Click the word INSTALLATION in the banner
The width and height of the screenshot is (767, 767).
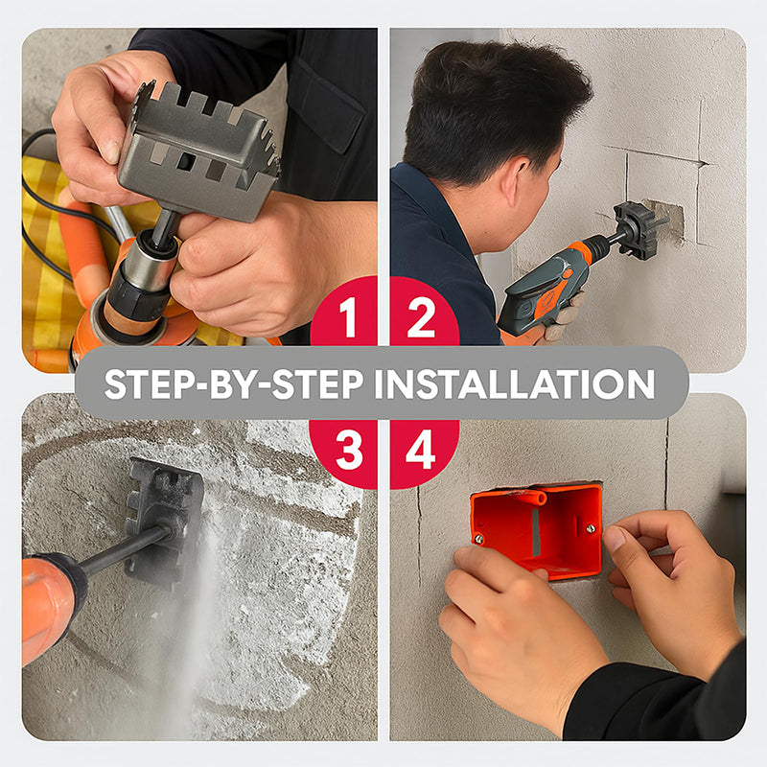pyautogui.click(x=515, y=384)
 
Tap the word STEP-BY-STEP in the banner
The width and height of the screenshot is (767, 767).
pyautogui.click(x=234, y=384)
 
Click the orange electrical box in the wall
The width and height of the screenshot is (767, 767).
pyautogui.click(x=537, y=529)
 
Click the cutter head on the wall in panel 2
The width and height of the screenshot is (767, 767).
pyautogui.click(x=635, y=228)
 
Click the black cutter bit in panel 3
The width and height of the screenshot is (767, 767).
pyautogui.click(x=165, y=519)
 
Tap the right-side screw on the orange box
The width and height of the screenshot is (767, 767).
pyautogui.click(x=591, y=528)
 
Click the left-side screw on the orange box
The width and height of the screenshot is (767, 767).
pyautogui.click(x=478, y=539)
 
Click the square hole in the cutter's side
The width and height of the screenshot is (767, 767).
pyautogui.click(x=185, y=161)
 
